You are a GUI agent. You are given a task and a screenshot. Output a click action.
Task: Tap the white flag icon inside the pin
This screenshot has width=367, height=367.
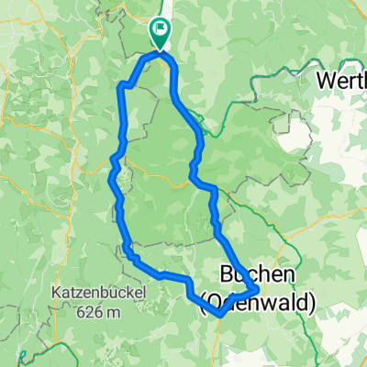tap(161, 30)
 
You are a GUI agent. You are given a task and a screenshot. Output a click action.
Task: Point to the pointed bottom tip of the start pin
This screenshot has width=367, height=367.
tap(161, 49)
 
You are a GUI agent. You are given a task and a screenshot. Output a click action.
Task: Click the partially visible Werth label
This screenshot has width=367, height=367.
tap(341, 81)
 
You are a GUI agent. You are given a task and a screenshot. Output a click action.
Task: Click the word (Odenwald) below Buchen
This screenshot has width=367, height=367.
tap(258, 299)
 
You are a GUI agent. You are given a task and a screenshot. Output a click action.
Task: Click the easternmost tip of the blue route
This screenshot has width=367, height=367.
tap(259, 291)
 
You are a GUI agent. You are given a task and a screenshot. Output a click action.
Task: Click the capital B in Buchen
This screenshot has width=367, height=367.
tap(229, 274)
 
